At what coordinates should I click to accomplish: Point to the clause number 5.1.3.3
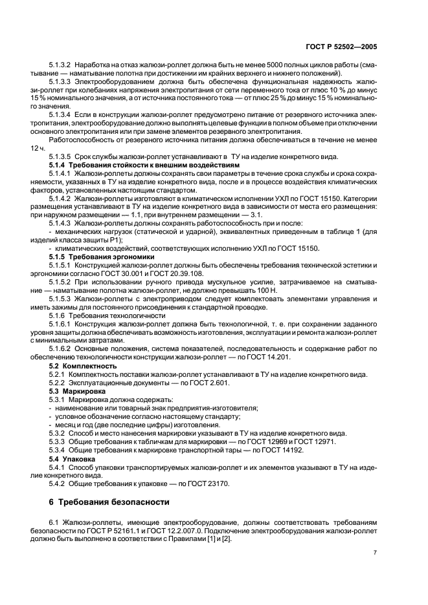tap(61, 83)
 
